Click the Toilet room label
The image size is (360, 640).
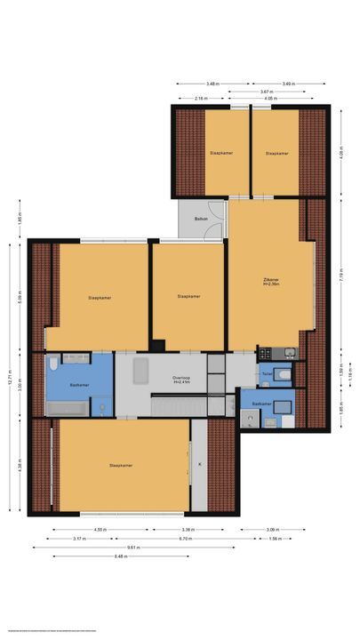coord(267,374)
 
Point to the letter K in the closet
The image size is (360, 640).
coord(199,464)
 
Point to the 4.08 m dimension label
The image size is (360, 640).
coord(340,153)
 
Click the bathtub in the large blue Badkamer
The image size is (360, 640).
coord(67,409)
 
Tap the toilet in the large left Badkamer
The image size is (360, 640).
coord(54,364)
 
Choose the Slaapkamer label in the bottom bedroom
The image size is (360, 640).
coord(120,464)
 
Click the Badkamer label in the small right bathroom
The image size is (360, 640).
coord(260,404)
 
